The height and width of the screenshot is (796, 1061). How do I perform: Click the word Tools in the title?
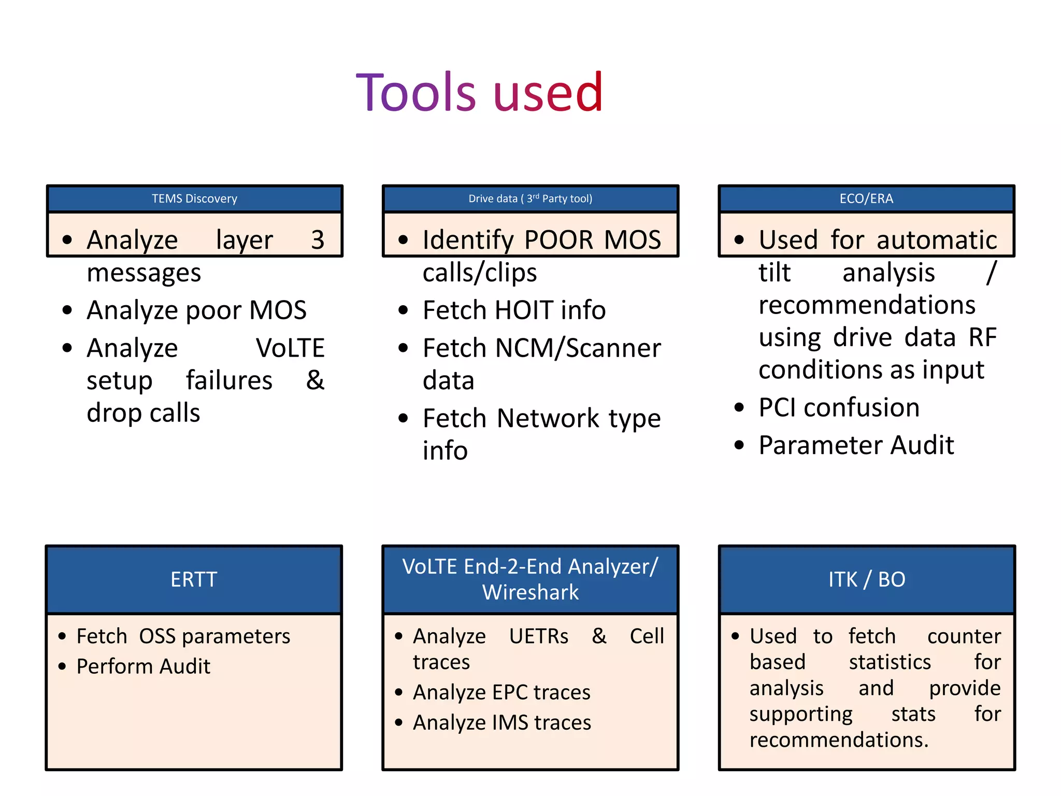coord(415,93)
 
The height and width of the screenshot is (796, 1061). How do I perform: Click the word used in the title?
coord(548,94)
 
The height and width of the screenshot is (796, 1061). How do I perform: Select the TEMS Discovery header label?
coord(194,199)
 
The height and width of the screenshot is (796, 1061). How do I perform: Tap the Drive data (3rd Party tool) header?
coord(530,199)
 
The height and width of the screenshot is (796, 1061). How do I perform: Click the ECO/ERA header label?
coord(866,199)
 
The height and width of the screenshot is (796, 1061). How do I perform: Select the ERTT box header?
coord(194,579)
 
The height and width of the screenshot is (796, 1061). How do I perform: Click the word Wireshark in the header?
coord(530,592)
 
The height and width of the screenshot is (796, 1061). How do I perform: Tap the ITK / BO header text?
coord(866,579)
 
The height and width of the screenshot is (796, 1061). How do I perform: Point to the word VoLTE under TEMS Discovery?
coord(290,348)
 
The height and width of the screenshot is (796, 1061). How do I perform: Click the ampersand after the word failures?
coord(315,380)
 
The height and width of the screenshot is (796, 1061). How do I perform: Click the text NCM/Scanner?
coord(578,348)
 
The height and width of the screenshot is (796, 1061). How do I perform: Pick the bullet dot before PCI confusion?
coord(739,408)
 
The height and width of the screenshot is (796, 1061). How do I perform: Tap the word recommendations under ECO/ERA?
coord(867,305)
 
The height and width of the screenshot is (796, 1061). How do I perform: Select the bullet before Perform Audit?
coord(63,666)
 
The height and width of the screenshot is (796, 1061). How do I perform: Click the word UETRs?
coord(538,636)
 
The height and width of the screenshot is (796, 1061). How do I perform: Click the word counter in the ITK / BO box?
coord(964,636)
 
